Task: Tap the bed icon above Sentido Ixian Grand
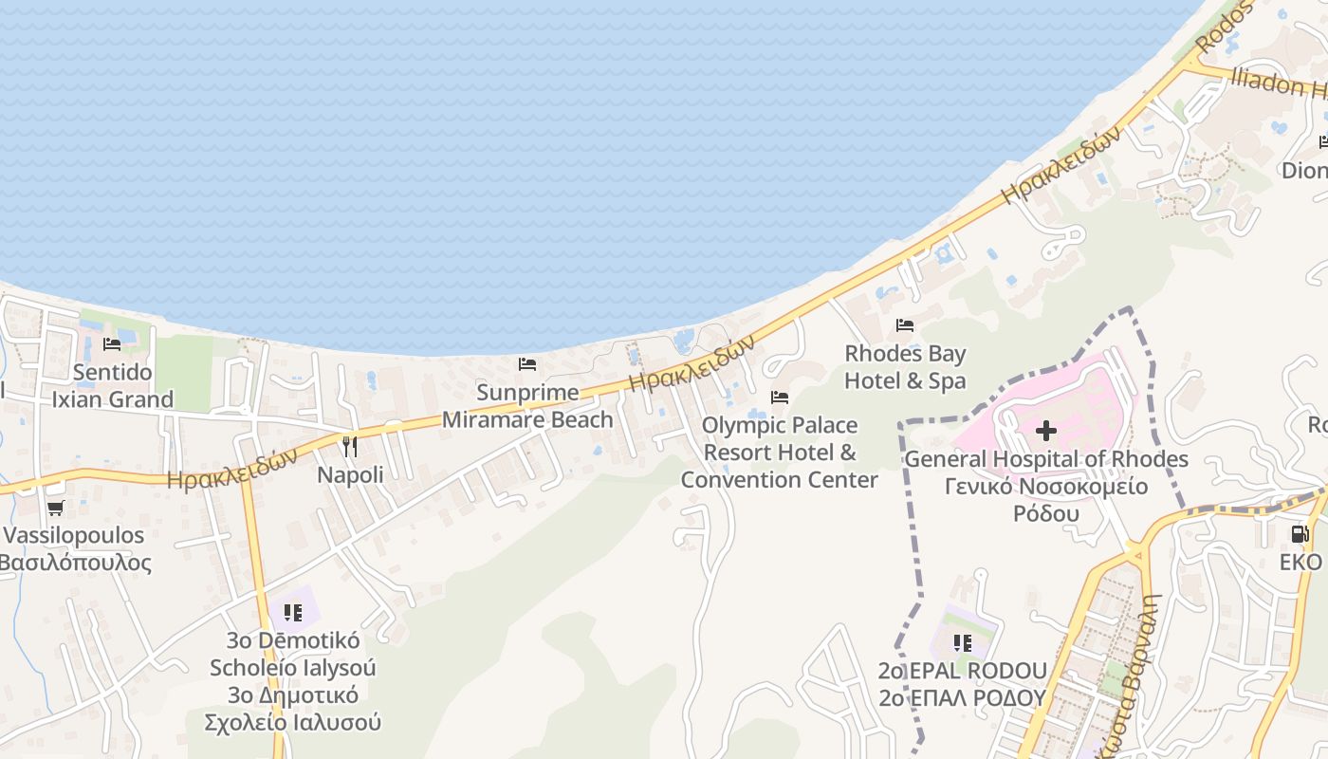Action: click(x=112, y=344)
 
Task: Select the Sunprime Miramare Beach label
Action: click(x=527, y=406)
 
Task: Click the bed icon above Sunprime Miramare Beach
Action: click(x=527, y=364)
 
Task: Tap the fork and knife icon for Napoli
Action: click(x=350, y=446)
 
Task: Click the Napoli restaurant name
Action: click(x=350, y=474)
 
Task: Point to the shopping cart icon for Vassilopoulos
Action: click(x=56, y=509)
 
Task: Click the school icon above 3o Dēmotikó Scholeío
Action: click(x=292, y=613)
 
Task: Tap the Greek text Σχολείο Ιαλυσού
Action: click(x=292, y=722)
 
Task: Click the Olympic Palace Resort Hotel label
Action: click(x=780, y=452)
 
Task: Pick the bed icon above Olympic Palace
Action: click(x=780, y=398)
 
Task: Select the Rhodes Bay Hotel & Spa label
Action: click(x=905, y=367)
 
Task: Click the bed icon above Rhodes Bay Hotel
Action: click(x=905, y=325)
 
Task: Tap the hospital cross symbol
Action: click(x=1045, y=432)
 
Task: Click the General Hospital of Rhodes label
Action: click(x=1045, y=459)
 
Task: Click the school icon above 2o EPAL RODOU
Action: click(x=962, y=643)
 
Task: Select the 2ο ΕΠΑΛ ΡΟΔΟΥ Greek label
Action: click(x=962, y=698)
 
